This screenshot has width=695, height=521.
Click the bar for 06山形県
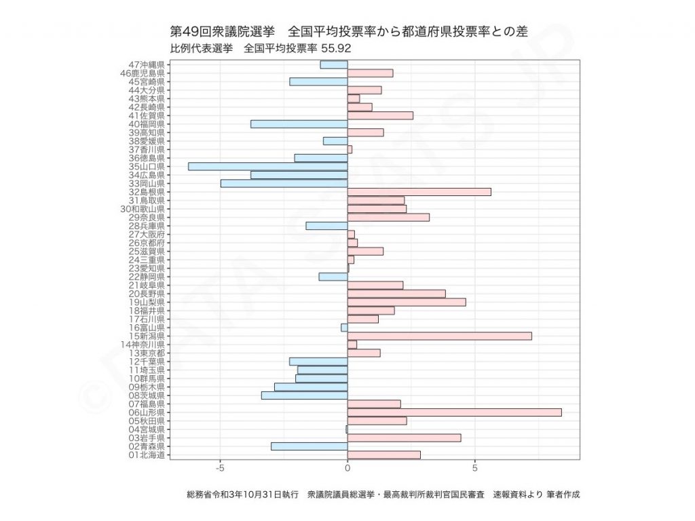click(x=454, y=412)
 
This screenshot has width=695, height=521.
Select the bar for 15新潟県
click(x=439, y=336)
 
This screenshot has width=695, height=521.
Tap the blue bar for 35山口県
click(x=268, y=166)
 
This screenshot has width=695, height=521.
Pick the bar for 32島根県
click(x=419, y=192)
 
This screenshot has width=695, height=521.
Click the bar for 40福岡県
click(x=299, y=124)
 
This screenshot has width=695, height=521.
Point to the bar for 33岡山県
click(x=284, y=183)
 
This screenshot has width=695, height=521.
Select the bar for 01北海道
click(x=383, y=455)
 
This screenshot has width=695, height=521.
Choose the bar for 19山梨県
click(x=407, y=302)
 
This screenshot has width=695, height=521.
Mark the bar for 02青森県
click(x=309, y=446)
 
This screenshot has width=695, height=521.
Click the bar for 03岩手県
click(x=404, y=438)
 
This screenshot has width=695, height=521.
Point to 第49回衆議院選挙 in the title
click(x=223, y=31)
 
